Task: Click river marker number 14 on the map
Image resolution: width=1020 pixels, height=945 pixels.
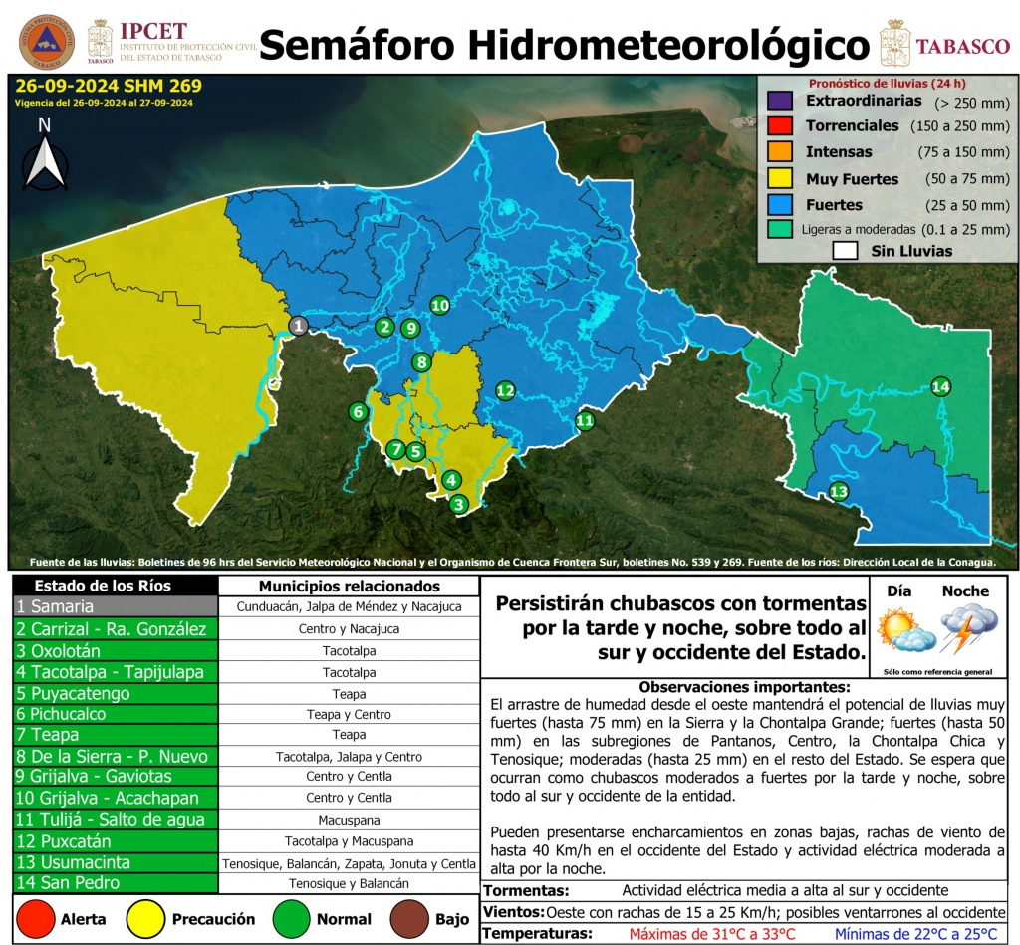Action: (x=940, y=386)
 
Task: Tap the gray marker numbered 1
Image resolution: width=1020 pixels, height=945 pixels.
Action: (x=298, y=325)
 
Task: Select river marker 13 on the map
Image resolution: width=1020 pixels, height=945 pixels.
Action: (x=839, y=491)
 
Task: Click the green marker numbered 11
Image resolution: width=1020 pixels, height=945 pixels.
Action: (x=585, y=421)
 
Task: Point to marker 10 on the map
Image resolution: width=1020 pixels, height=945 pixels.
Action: (x=439, y=305)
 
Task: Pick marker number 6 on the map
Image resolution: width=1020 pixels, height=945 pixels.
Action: (x=358, y=411)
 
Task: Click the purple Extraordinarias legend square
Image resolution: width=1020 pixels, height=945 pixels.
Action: (x=779, y=102)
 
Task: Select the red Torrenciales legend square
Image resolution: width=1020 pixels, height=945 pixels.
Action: (x=779, y=126)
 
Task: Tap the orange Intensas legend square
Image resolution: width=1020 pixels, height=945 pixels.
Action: (x=779, y=152)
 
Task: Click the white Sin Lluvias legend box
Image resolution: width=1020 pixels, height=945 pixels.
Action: (x=847, y=251)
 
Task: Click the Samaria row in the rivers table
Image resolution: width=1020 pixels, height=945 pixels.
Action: (x=116, y=606)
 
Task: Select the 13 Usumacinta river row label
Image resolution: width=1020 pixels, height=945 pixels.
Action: (x=116, y=862)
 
